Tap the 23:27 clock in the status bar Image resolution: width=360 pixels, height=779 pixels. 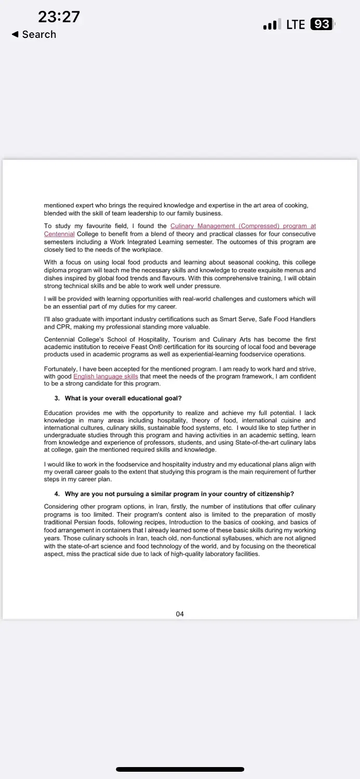[59, 17]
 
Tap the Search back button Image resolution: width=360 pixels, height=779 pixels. [34, 34]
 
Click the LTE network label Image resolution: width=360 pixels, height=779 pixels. [296, 24]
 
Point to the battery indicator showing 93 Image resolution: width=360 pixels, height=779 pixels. [323, 24]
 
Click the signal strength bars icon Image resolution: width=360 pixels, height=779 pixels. [270, 25]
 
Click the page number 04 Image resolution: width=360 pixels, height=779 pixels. [180, 614]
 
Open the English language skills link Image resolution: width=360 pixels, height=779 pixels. [105, 377]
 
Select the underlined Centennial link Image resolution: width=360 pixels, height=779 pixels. [59, 234]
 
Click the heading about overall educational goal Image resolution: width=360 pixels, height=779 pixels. [123, 398]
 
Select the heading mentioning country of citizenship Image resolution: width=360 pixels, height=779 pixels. [179, 494]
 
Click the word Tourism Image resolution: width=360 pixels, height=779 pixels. [184, 340]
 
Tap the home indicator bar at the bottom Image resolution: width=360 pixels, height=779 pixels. [180, 769]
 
